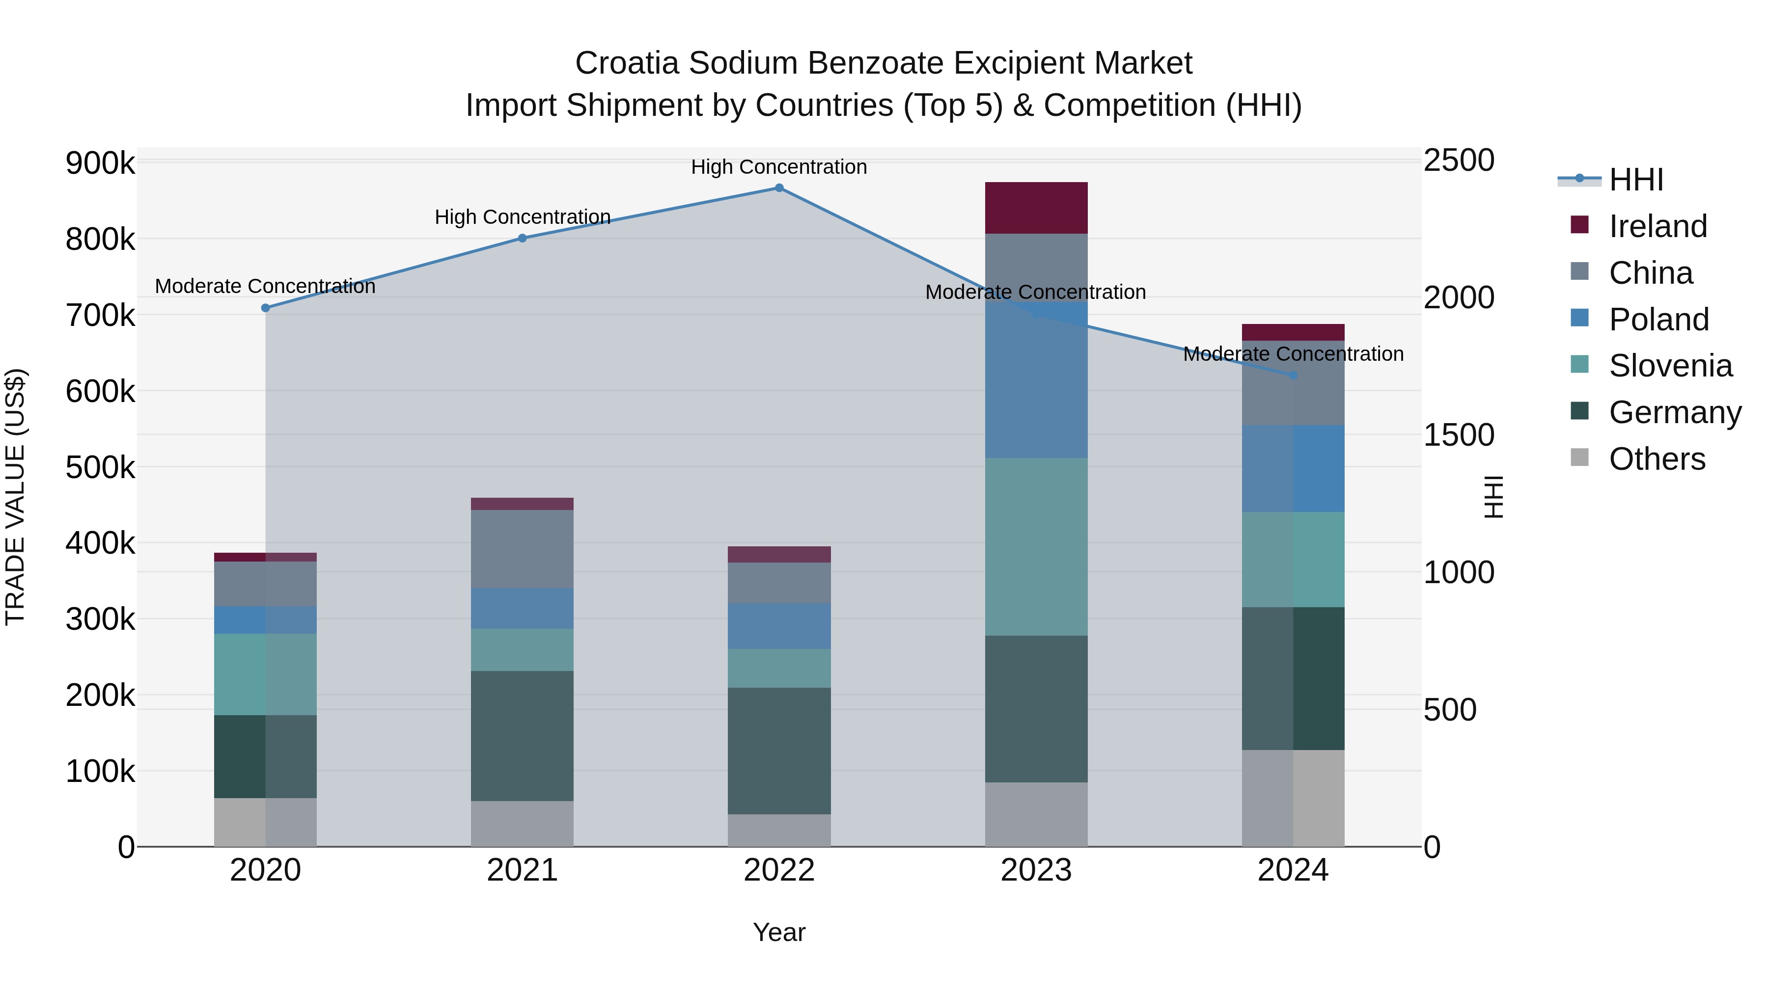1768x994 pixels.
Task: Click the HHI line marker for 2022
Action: point(779,188)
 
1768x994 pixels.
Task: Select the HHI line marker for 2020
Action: point(266,308)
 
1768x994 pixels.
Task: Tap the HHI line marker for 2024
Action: point(1293,375)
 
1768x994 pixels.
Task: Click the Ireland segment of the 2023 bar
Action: point(1036,208)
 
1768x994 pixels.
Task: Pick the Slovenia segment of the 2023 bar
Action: point(1036,547)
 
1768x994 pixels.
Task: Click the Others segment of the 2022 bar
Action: point(779,830)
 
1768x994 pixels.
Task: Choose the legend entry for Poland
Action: point(1658,320)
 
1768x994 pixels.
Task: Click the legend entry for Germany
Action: point(1675,412)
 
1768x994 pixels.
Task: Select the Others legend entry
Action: point(1657,459)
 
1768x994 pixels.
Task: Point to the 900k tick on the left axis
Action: point(100,163)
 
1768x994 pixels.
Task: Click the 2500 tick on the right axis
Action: point(1459,161)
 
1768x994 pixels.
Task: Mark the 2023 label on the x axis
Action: point(1036,870)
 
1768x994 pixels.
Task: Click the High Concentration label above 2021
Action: point(523,217)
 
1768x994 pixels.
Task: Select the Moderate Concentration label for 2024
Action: point(1293,354)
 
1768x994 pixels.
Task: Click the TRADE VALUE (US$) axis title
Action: point(15,497)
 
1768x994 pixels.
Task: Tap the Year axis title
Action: point(779,932)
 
